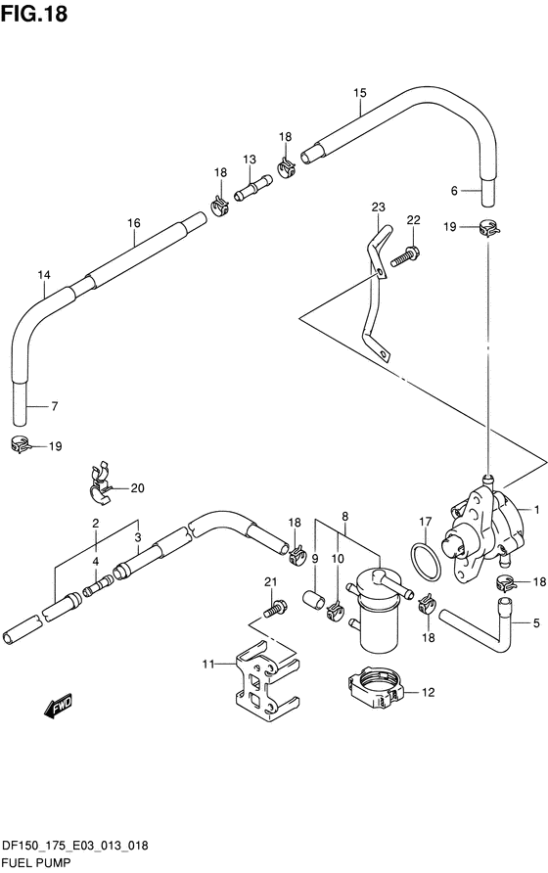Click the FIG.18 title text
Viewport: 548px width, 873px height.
coord(34,13)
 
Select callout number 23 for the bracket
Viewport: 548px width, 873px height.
coord(378,207)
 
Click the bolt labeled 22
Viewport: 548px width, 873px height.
coord(404,255)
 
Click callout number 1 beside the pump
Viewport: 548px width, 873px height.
coord(536,510)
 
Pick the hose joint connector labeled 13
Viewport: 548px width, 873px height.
coord(252,188)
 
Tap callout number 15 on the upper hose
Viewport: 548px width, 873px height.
coord(360,93)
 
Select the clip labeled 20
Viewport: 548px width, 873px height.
coord(100,483)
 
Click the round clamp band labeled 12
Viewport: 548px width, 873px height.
coord(375,688)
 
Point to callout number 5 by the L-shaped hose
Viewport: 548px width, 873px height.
coord(535,623)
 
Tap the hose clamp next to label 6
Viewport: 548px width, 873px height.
coord(488,227)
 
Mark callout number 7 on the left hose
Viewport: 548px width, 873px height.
coord(55,406)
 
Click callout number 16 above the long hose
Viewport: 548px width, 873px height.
coord(134,223)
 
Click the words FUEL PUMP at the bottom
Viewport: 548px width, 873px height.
coord(36,862)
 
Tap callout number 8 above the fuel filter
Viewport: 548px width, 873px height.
coord(345,517)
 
